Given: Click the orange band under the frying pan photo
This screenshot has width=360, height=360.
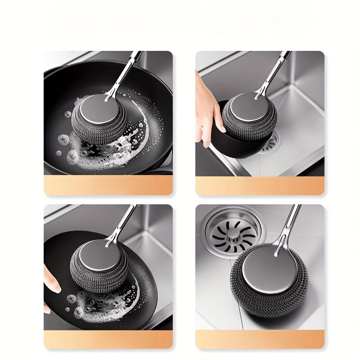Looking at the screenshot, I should pos(108,185).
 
